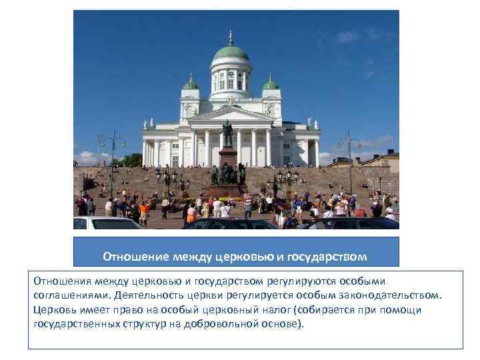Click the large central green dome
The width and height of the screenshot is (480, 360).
(230, 53)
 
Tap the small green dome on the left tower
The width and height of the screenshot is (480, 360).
(191, 85)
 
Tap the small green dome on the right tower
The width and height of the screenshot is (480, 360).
(270, 84)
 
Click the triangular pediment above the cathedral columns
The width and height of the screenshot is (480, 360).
(231, 114)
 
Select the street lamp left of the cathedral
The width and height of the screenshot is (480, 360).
(112, 160)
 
